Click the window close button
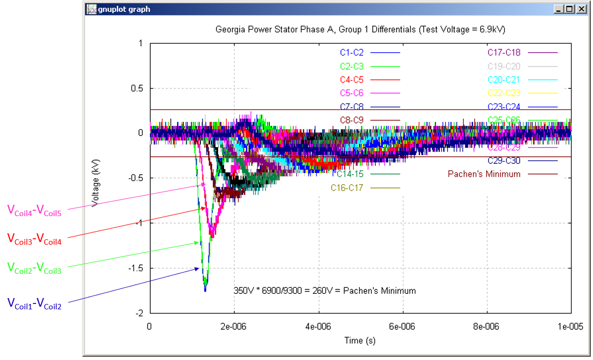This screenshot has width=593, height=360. (x=582, y=9)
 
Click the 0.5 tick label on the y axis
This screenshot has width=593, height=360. (x=137, y=88)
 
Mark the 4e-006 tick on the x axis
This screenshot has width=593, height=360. (x=318, y=326)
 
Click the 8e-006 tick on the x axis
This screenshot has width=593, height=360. (x=487, y=326)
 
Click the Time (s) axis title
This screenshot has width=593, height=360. (x=360, y=341)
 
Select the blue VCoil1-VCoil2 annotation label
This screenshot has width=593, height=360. (x=34, y=304)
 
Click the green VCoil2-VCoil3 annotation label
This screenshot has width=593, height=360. (x=34, y=267)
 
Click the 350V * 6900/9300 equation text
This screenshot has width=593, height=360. (x=325, y=291)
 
